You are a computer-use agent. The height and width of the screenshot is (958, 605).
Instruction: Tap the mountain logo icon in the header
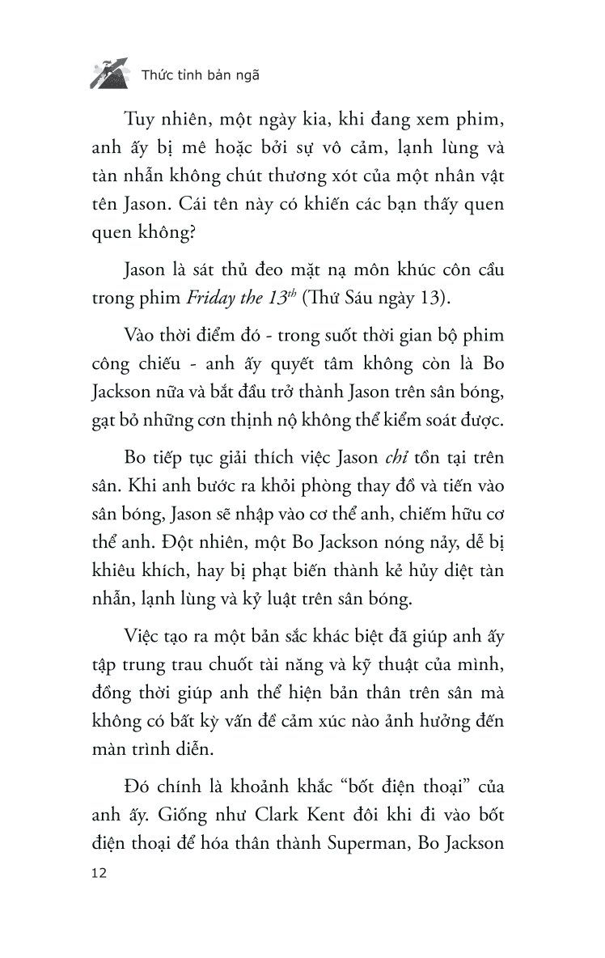(x=108, y=74)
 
